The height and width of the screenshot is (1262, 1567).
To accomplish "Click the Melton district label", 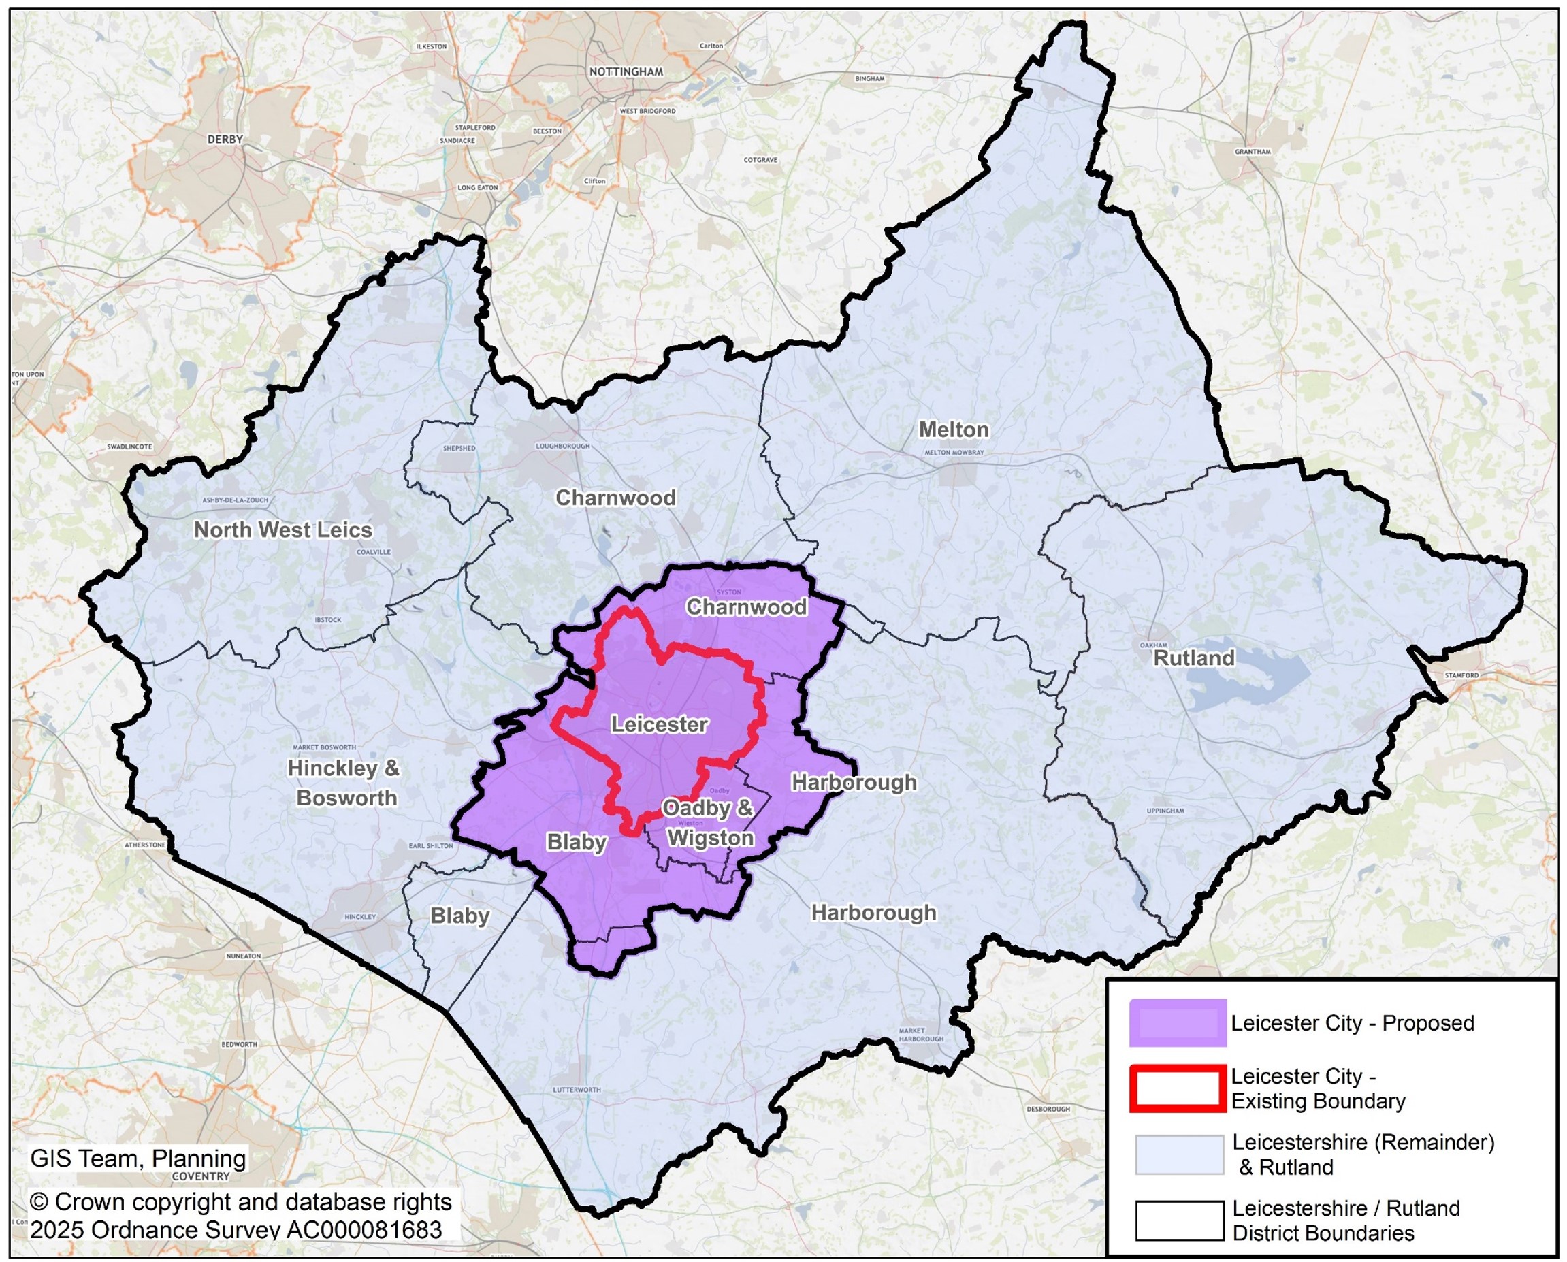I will point(953,430).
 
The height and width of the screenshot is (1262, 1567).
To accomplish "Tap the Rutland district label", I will point(1194,658).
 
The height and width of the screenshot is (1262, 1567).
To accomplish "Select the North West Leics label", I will point(282,530).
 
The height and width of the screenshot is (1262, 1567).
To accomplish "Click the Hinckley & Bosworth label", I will point(344,783).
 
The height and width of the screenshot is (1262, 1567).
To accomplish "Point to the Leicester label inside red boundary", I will point(658,724).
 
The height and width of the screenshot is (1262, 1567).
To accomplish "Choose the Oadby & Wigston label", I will point(709,823).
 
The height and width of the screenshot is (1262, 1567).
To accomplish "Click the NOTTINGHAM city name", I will point(626,71).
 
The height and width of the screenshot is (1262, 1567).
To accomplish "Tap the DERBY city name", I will point(225,139).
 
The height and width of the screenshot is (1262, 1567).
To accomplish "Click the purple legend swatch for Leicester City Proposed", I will point(1178,1023).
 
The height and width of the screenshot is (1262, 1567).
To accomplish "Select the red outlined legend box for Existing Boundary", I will point(1178,1088).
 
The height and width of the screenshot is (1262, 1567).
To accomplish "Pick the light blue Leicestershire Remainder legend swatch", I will point(1179,1154).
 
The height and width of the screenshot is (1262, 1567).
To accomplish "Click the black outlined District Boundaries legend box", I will point(1179,1220).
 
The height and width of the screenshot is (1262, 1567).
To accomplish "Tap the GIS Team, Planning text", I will point(138,1158).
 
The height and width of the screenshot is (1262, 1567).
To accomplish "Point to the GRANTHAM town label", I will point(1253,152).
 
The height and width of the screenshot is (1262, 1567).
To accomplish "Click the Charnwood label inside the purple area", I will point(747,607).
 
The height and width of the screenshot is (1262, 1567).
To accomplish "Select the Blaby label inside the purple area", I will point(577,842).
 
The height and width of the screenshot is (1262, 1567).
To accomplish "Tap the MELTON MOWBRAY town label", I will point(954,452).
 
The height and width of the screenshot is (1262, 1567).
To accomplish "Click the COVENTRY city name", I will point(201,1176).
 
